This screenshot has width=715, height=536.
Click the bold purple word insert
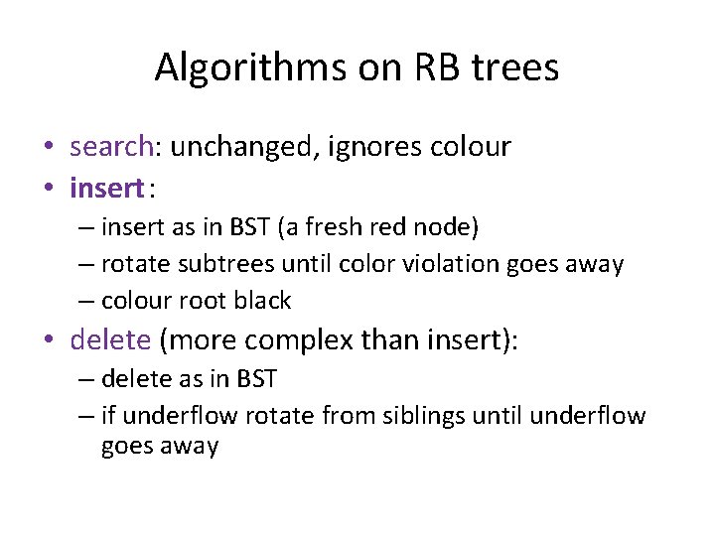click(x=106, y=187)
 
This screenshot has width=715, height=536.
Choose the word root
click(x=198, y=300)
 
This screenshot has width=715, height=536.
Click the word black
click(x=260, y=300)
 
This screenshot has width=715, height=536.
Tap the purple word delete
click(x=110, y=341)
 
